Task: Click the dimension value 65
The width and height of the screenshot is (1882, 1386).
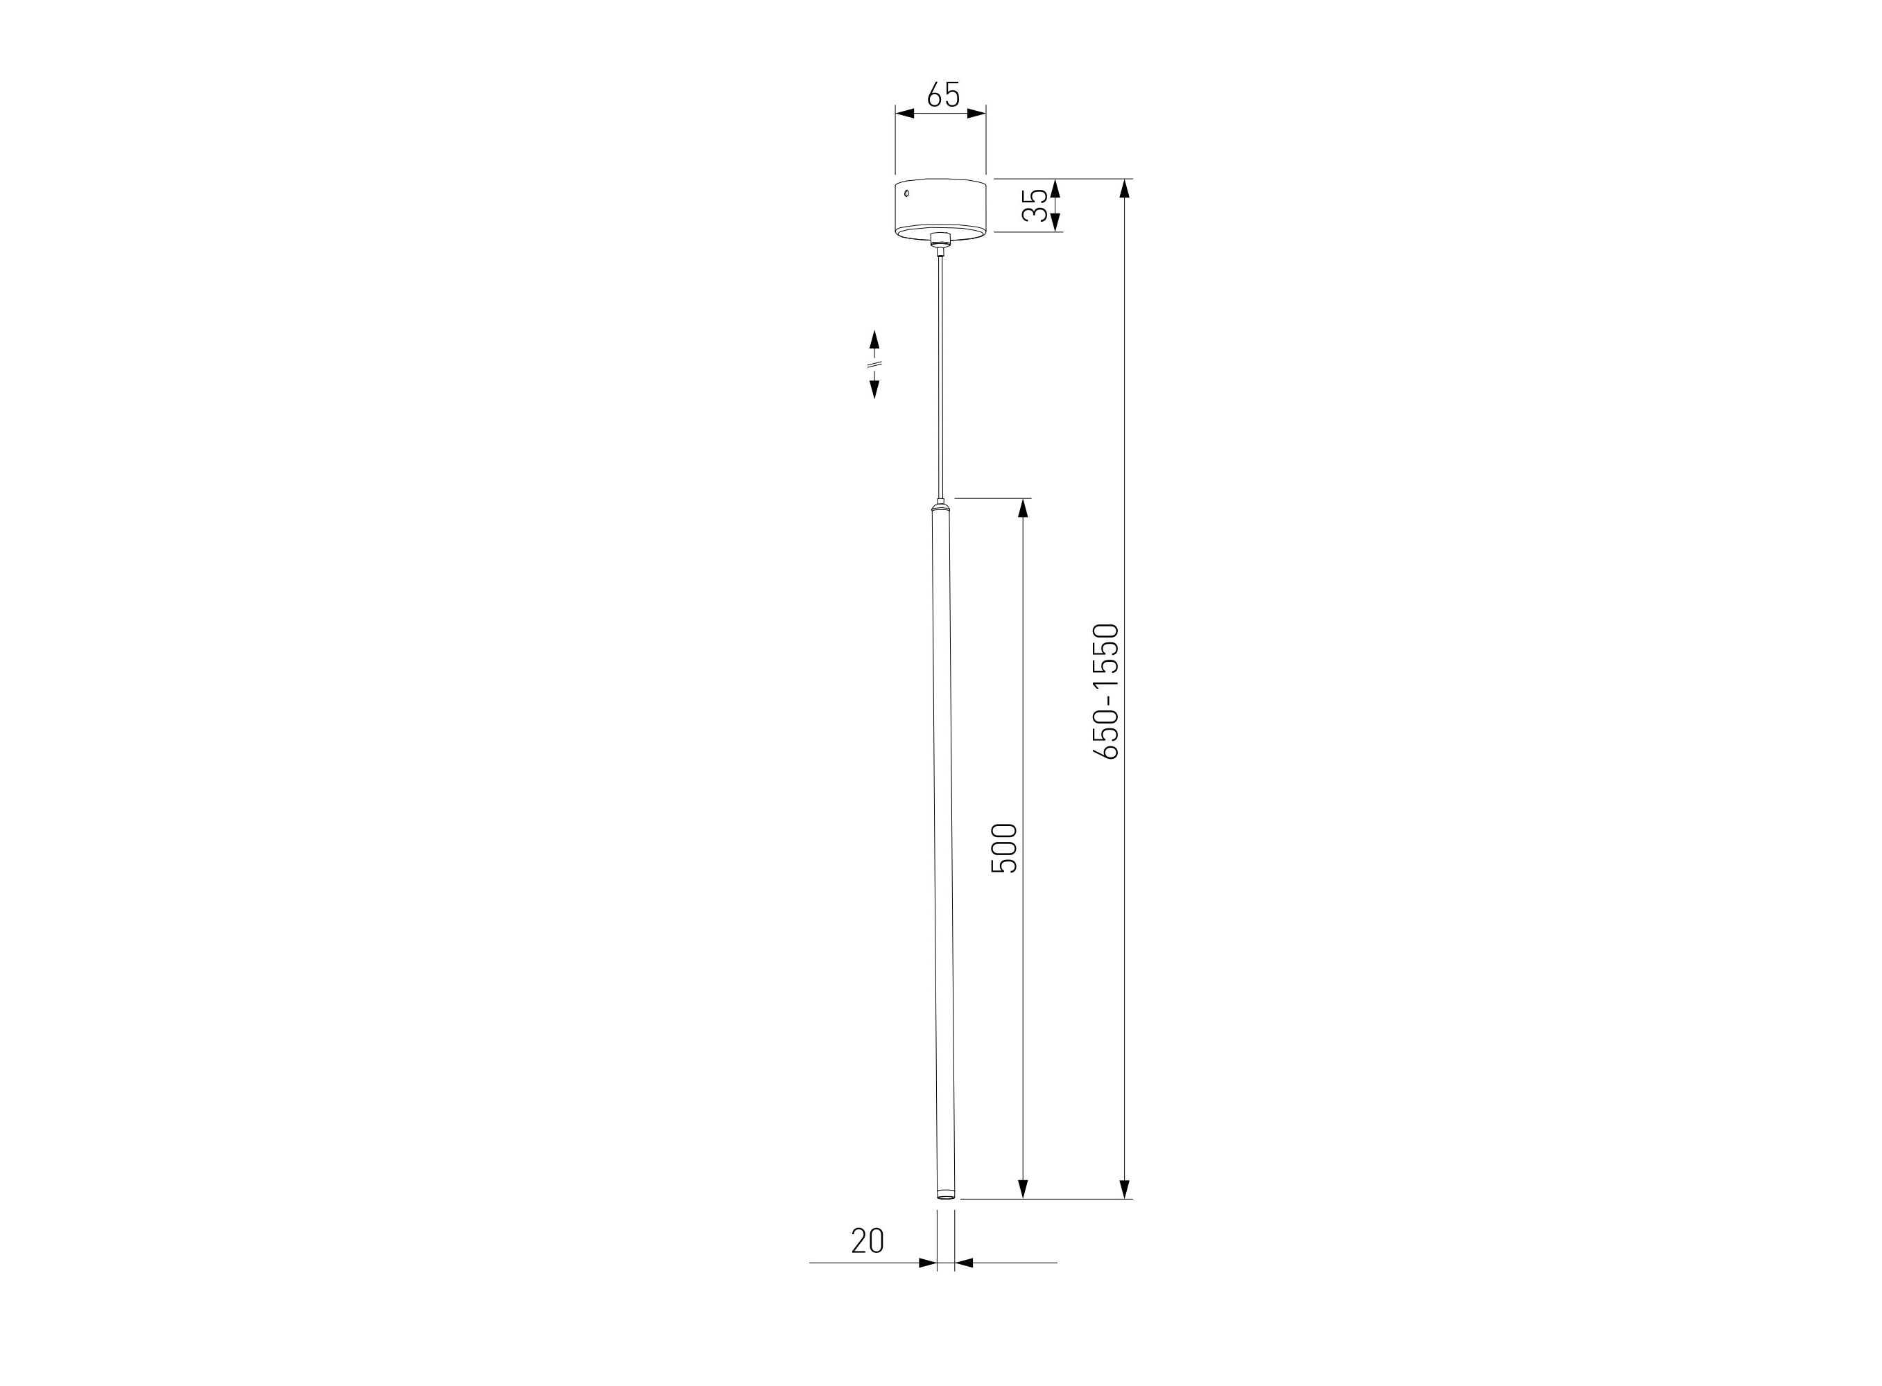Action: click(942, 95)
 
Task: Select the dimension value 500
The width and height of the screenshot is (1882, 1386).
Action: click(1004, 848)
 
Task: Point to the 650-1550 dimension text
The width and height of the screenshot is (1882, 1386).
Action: click(1105, 692)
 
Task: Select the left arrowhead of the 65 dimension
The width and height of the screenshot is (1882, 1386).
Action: click(905, 113)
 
